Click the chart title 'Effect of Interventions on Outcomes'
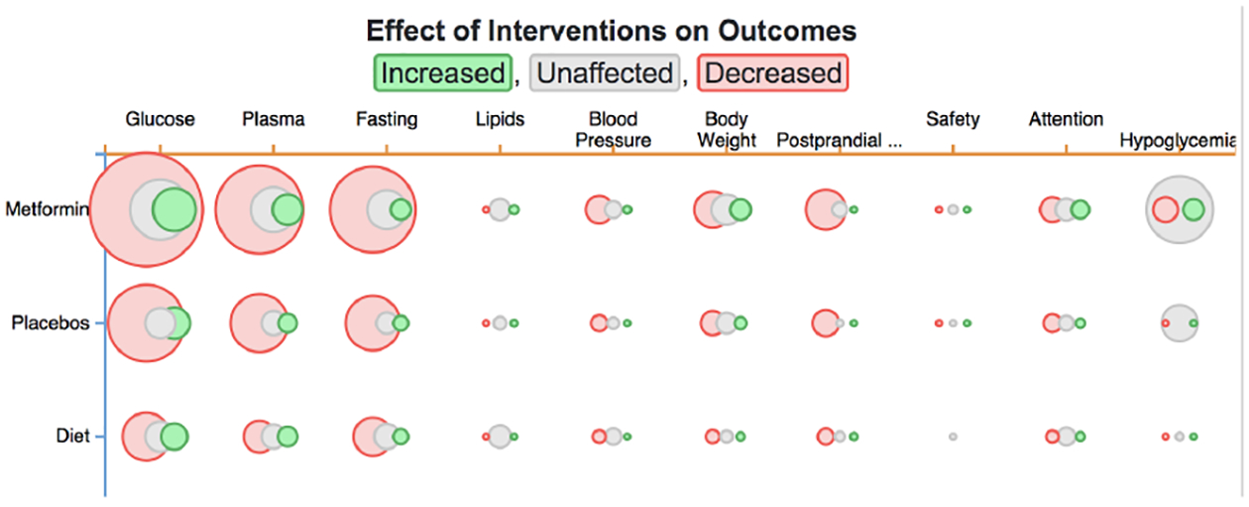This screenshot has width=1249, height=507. (611, 30)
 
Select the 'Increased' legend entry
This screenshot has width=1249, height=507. (442, 72)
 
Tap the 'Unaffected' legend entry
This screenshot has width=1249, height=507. (605, 72)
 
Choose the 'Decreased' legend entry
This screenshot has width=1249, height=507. (773, 72)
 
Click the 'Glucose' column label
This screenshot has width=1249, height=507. (160, 119)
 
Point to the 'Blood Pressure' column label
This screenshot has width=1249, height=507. (614, 129)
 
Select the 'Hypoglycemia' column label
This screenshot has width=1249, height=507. (1178, 140)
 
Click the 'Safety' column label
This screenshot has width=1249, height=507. (953, 119)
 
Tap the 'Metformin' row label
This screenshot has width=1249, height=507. (48, 209)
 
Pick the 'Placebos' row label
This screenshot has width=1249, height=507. (51, 322)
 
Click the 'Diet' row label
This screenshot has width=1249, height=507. (71, 436)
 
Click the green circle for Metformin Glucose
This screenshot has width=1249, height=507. (174, 209)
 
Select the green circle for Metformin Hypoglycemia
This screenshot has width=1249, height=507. (1193, 209)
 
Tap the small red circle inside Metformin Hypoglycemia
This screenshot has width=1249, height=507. (1165, 209)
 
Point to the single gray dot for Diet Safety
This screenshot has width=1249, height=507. (953, 437)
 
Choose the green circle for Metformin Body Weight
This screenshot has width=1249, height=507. (739, 209)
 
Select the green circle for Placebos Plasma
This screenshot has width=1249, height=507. (287, 322)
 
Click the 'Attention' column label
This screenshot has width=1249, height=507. (1066, 119)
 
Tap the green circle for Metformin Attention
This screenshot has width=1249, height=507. (1080, 209)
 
